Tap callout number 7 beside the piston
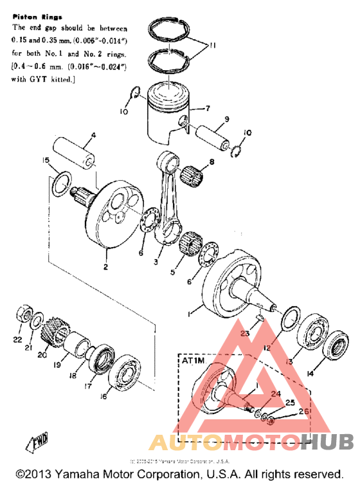pyautogui.click(x=208, y=109)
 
